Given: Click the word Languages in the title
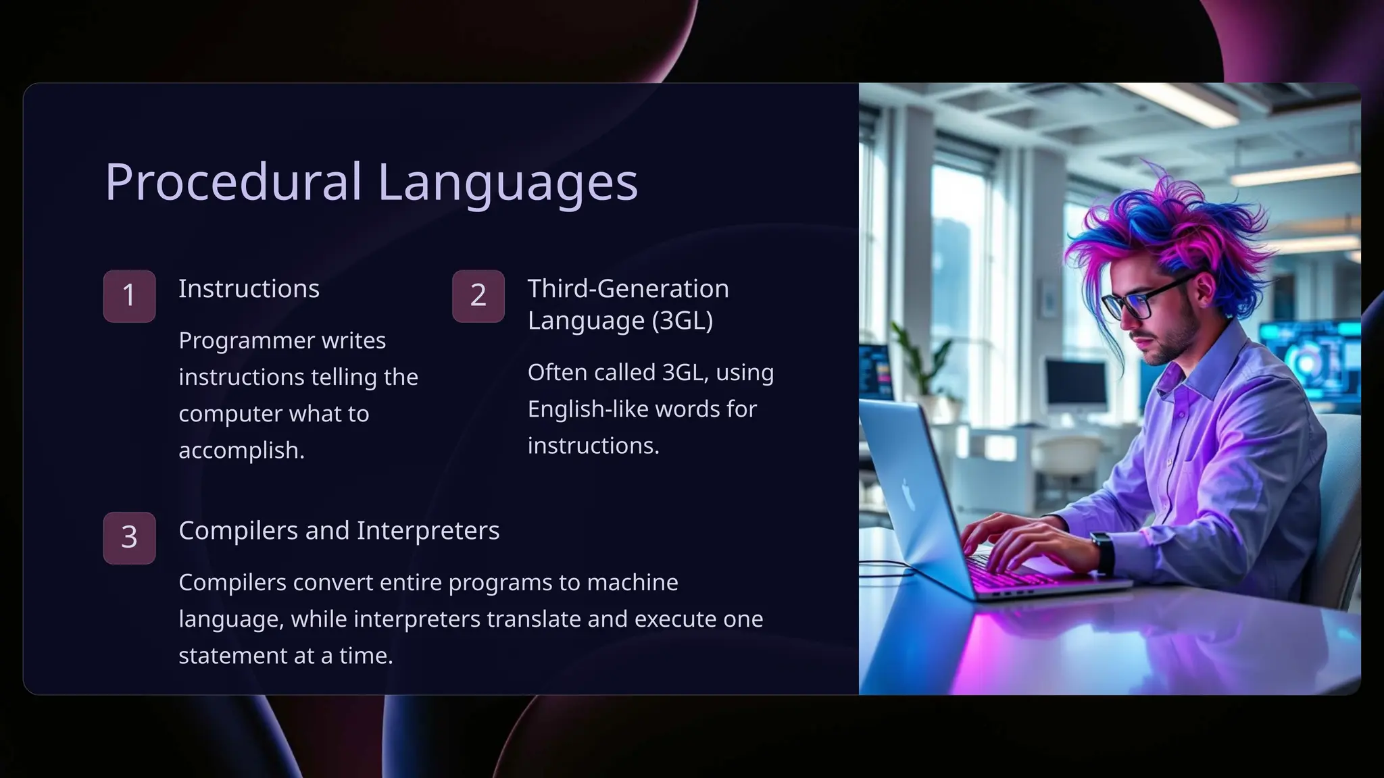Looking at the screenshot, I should coord(507,182).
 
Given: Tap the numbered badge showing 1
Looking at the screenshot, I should coord(129,296).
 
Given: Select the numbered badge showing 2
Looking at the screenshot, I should coord(478,296).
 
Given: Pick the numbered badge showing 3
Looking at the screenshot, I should coord(129,538).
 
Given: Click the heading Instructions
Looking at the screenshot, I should coord(249,289).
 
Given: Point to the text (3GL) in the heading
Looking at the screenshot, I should coord(682,320).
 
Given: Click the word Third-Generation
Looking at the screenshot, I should coord(628,289).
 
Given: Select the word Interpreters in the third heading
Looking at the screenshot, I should coord(428,531).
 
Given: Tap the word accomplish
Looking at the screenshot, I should coord(241,450).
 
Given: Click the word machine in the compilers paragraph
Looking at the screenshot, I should coord(633,583).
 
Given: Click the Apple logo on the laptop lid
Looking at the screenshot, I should coord(909,494).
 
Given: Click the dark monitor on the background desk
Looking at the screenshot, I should coord(1076,382).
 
